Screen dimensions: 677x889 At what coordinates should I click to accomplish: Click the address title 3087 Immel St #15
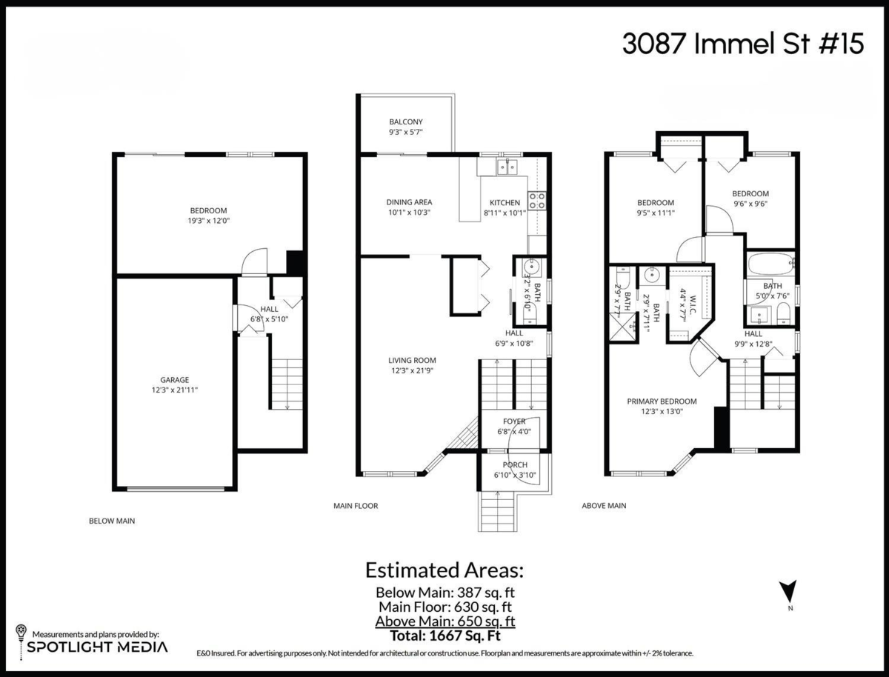(x=742, y=44)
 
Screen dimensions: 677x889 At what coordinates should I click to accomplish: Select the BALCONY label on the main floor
(x=406, y=122)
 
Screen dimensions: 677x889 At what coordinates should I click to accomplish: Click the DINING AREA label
(x=409, y=202)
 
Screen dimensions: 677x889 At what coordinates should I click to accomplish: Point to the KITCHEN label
(x=505, y=203)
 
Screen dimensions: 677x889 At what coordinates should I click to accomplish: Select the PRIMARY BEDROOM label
(x=662, y=401)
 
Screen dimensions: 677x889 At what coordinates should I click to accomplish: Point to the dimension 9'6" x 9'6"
(x=750, y=204)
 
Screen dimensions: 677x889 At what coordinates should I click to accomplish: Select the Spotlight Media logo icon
(x=21, y=636)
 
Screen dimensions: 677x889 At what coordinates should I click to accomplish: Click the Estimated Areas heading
(x=444, y=570)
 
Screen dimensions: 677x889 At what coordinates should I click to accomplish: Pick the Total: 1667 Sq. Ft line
(x=444, y=635)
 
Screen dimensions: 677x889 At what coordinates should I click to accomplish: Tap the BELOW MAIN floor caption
(x=112, y=521)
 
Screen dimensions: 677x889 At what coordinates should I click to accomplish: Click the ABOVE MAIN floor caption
(x=604, y=506)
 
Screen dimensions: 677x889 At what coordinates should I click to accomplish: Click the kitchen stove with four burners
(x=538, y=199)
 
